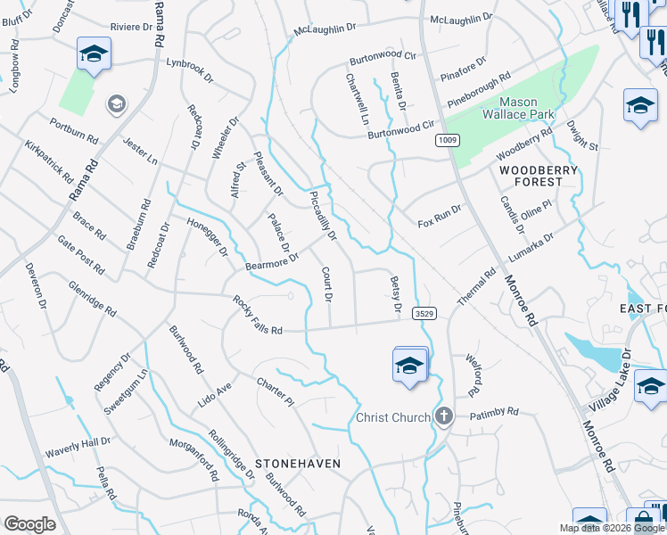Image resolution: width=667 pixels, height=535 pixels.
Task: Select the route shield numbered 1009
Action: [x=447, y=141]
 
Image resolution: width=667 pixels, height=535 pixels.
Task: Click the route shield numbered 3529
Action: [x=424, y=313]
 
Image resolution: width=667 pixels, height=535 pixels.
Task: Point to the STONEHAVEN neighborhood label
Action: [x=298, y=465]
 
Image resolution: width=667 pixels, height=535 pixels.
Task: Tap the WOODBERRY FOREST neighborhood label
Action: [x=531, y=176]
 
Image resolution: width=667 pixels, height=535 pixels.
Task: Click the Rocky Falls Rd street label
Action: [x=258, y=316]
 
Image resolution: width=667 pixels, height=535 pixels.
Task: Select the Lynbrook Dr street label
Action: [x=190, y=71]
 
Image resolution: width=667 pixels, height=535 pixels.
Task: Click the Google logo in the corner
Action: [x=29, y=524]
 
